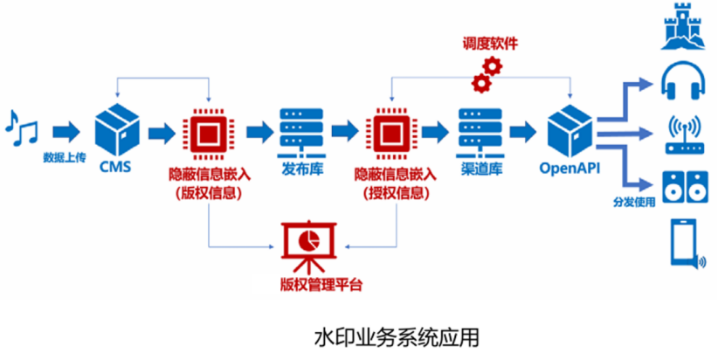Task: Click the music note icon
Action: pos(22,128)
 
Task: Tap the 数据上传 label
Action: pos(65,157)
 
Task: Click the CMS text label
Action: pos(117,167)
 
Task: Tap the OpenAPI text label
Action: pos(570,168)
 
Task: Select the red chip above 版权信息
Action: pos(208,133)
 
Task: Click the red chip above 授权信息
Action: pos(391,133)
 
